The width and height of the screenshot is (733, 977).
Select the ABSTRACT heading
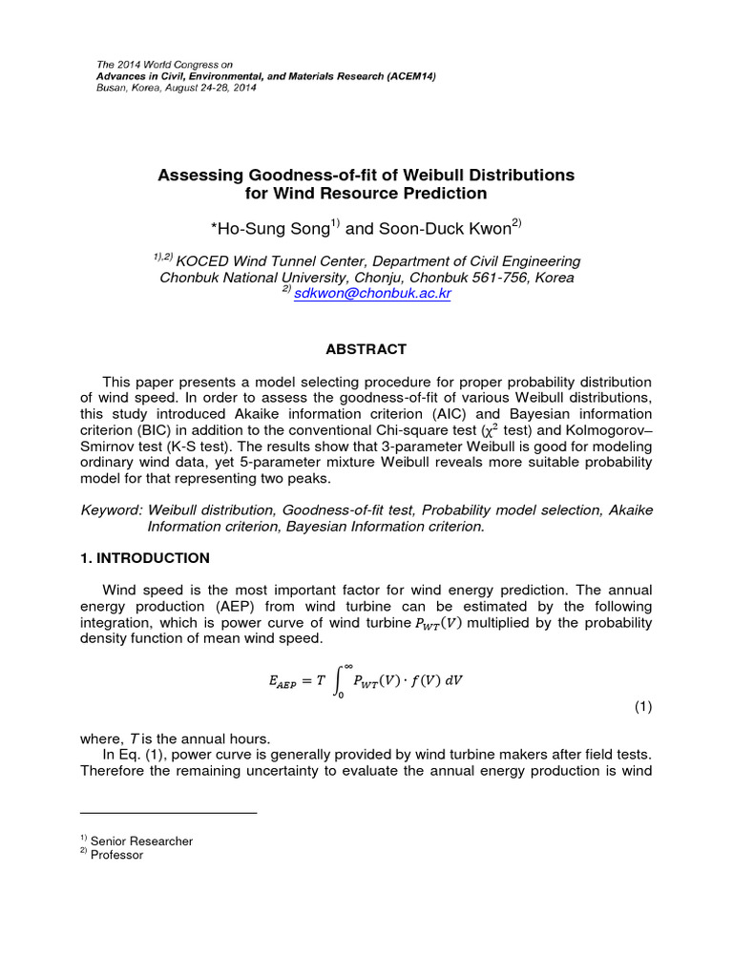click(x=366, y=349)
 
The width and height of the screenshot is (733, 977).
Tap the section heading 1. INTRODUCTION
click(x=144, y=557)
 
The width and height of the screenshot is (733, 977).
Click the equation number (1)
click(x=642, y=707)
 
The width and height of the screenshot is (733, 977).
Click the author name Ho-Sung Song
click(x=272, y=228)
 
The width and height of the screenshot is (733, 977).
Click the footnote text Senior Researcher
click(x=141, y=841)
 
